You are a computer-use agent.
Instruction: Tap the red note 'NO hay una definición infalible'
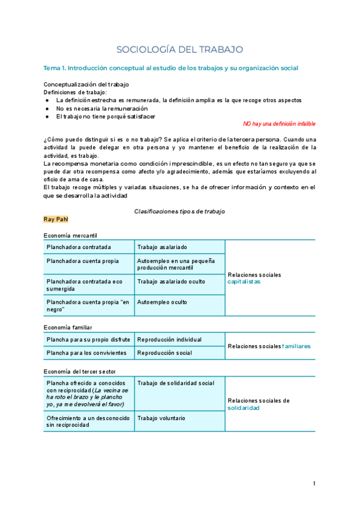279,124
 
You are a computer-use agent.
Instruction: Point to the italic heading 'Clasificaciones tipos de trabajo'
179,212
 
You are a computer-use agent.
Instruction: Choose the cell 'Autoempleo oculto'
162,302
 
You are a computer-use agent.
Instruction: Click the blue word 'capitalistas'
244,282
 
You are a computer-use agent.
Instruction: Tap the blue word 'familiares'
296,346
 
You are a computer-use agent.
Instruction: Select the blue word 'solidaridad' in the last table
244,408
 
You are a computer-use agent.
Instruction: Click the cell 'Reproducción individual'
170,340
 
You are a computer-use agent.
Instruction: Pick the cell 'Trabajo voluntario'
161,418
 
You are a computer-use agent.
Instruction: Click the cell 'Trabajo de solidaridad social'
175,383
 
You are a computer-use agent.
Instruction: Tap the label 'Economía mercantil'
70,235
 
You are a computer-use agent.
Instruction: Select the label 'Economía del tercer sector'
80,372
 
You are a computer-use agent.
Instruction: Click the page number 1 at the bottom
314,484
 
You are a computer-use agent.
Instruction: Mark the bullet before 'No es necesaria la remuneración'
47,109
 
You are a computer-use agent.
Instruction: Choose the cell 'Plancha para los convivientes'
86,353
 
